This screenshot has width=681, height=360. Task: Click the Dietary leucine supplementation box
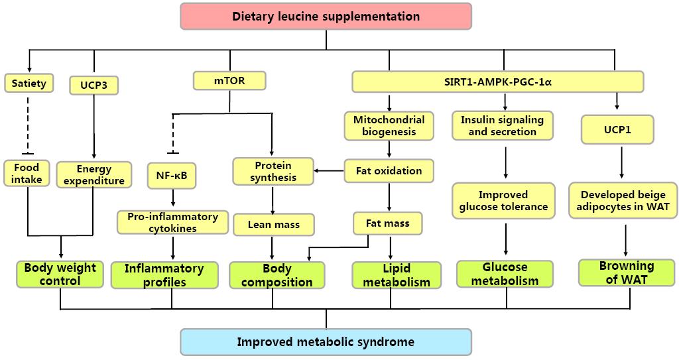(326, 16)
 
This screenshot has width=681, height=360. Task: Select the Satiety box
(29, 84)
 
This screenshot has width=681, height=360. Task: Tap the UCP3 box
(93, 86)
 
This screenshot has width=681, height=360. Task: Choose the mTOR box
(229, 81)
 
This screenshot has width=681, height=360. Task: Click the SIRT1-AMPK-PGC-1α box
(497, 82)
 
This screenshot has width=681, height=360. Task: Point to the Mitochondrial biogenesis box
(389, 125)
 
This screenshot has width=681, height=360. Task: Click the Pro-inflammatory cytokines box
(173, 222)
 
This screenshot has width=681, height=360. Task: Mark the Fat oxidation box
(389, 170)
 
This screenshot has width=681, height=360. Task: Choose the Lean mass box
(273, 225)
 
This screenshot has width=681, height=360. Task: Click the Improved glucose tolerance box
(503, 200)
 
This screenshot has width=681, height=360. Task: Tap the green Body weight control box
(60, 274)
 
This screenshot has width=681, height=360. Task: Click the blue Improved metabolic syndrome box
(326, 342)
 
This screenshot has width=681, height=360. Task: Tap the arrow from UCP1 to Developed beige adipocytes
(621, 162)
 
